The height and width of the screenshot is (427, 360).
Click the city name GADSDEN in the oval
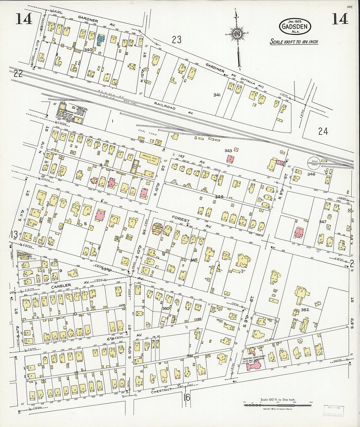tap(295, 27)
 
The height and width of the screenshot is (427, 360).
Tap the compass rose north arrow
tap(236, 34)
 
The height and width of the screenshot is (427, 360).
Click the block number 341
tap(216, 95)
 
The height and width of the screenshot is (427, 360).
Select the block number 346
tap(311, 174)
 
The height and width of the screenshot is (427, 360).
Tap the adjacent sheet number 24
tap(323, 131)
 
